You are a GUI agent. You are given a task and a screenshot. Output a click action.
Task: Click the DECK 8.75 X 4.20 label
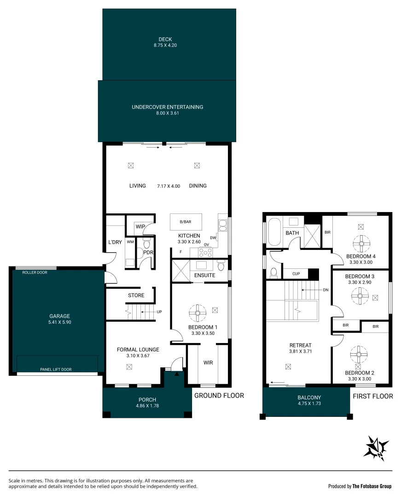point(165,42)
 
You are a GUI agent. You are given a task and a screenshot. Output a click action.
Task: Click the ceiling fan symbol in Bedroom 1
point(197,314)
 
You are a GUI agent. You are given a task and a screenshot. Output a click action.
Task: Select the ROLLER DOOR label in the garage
point(35,273)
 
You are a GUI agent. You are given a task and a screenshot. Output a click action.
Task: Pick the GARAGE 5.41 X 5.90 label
point(60,319)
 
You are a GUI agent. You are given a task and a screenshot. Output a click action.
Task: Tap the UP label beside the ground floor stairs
point(159,312)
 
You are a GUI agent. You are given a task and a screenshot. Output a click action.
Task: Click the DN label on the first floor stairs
point(325,290)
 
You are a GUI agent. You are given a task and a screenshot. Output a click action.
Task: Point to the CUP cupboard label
point(296,274)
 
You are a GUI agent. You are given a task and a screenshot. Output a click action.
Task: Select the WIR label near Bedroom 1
point(208,363)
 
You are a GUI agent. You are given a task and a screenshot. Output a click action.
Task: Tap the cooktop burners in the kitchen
point(205,252)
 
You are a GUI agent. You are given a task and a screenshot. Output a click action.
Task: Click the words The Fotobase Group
point(372,486)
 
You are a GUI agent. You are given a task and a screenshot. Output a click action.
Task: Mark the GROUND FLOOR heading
point(219,396)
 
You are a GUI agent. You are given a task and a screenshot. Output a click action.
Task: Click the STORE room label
point(136,295)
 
